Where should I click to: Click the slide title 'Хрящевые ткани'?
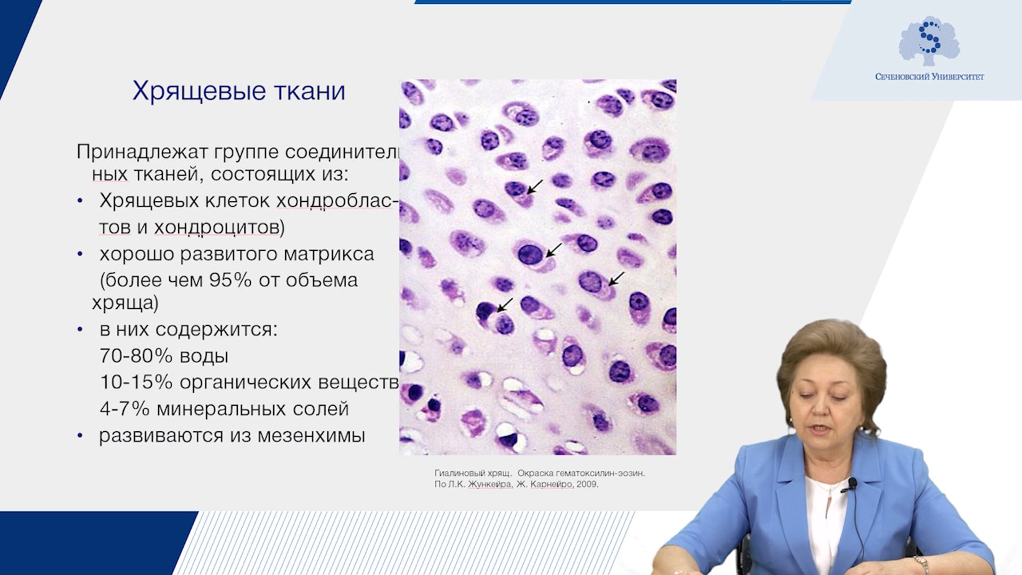coord(238,92)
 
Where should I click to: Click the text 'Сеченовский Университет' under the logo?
coord(929,77)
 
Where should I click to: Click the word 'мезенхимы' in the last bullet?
coord(311,436)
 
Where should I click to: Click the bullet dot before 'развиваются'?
coord(80,436)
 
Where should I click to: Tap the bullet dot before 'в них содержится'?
coord(80,330)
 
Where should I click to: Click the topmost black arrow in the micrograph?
coord(534,187)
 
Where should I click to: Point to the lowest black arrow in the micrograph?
coord(504,305)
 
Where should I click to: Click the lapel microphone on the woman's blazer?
coord(851,484)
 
